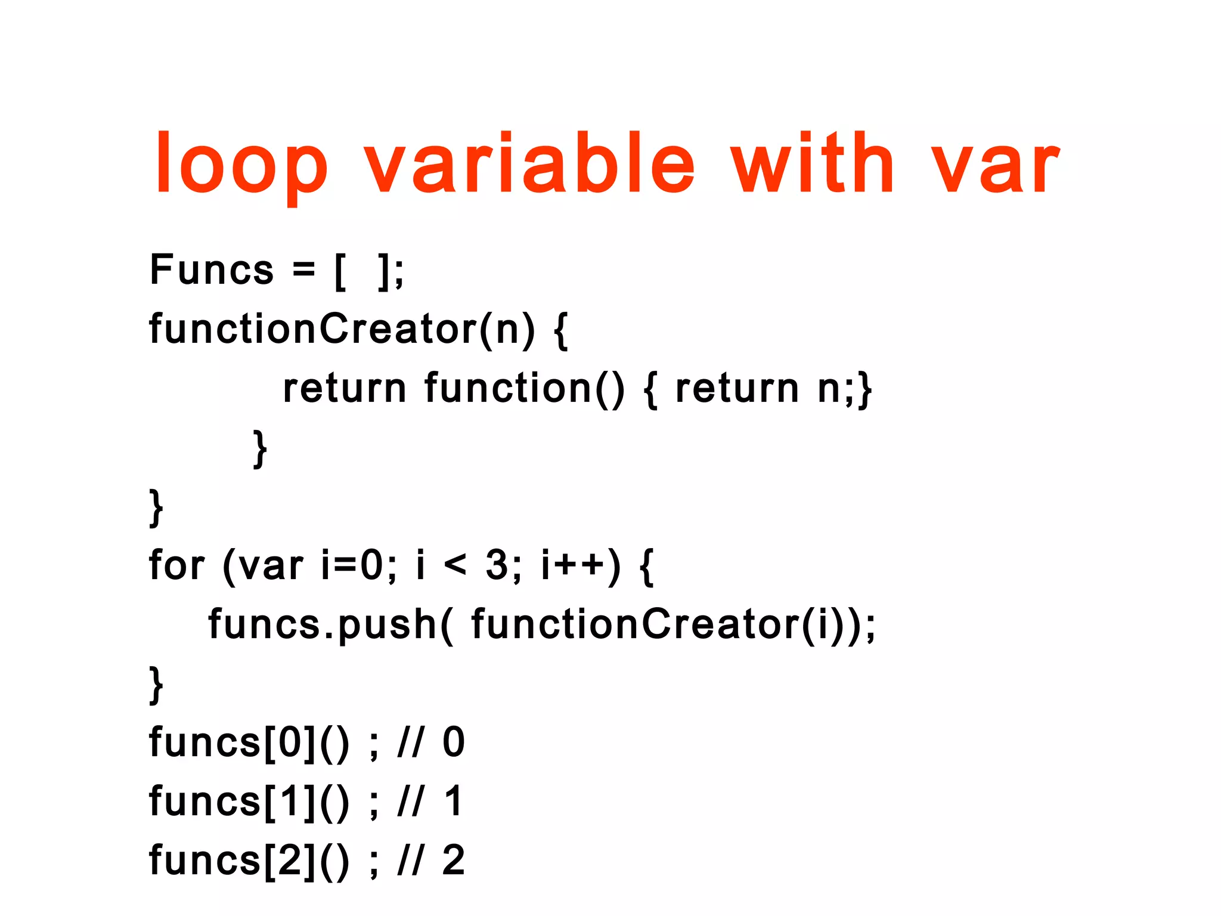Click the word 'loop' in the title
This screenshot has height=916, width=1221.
[x=241, y=164]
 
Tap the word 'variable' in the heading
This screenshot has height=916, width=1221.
[x=529, y=164]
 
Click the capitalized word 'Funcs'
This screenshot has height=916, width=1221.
[x=212, y=270]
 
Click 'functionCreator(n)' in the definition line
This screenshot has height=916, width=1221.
[x=342, y=329]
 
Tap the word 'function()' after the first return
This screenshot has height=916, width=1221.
[x=525, y=389]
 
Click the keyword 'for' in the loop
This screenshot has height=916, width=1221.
[x=177, y=565]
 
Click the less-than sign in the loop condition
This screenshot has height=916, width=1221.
[x=455, y=565]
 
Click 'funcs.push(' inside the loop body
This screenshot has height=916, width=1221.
[x=331, y=625]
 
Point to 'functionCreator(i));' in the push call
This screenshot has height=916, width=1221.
[x=674, y=625]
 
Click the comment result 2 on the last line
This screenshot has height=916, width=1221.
[x=453, y=861]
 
